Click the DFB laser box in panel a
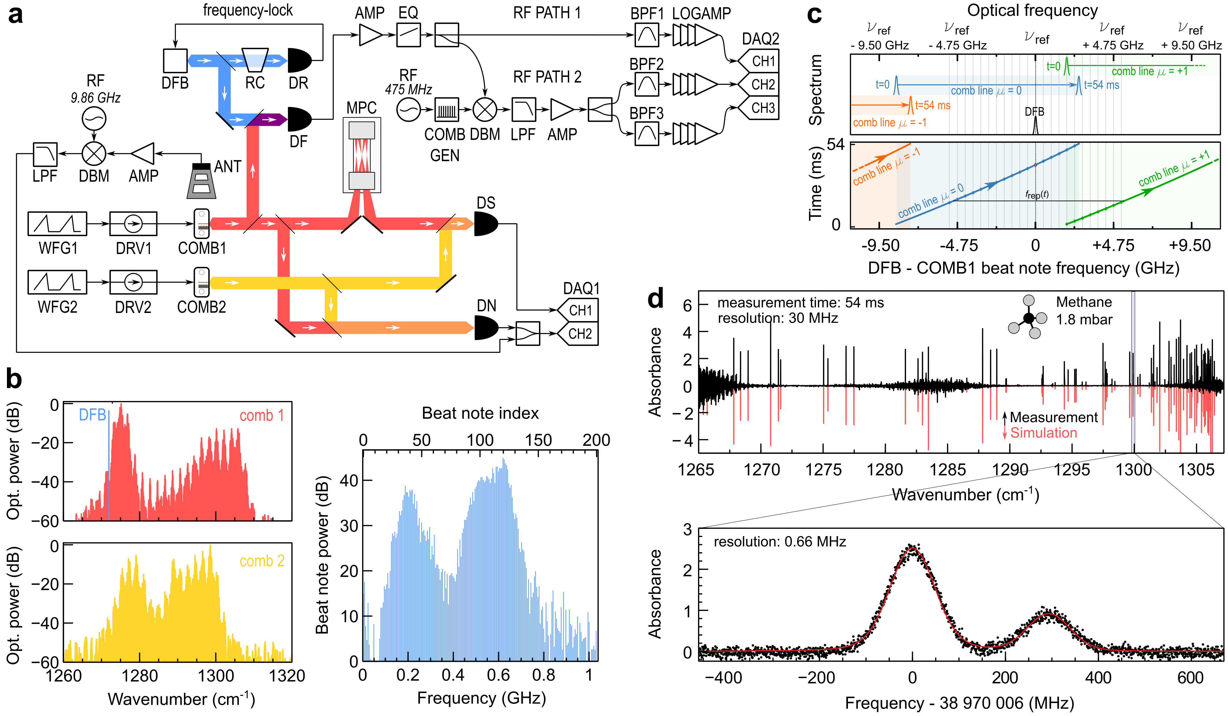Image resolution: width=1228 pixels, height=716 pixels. click(175, 61)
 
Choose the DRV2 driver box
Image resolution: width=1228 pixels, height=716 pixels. click(133, 283)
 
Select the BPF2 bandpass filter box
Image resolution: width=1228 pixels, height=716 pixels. click(647, 84)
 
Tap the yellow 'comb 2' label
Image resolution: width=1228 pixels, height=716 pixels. click(262, 561)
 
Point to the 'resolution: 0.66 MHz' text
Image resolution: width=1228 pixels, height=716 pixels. click(780, 542)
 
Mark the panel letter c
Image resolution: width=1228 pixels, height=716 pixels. click(814, 15)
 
